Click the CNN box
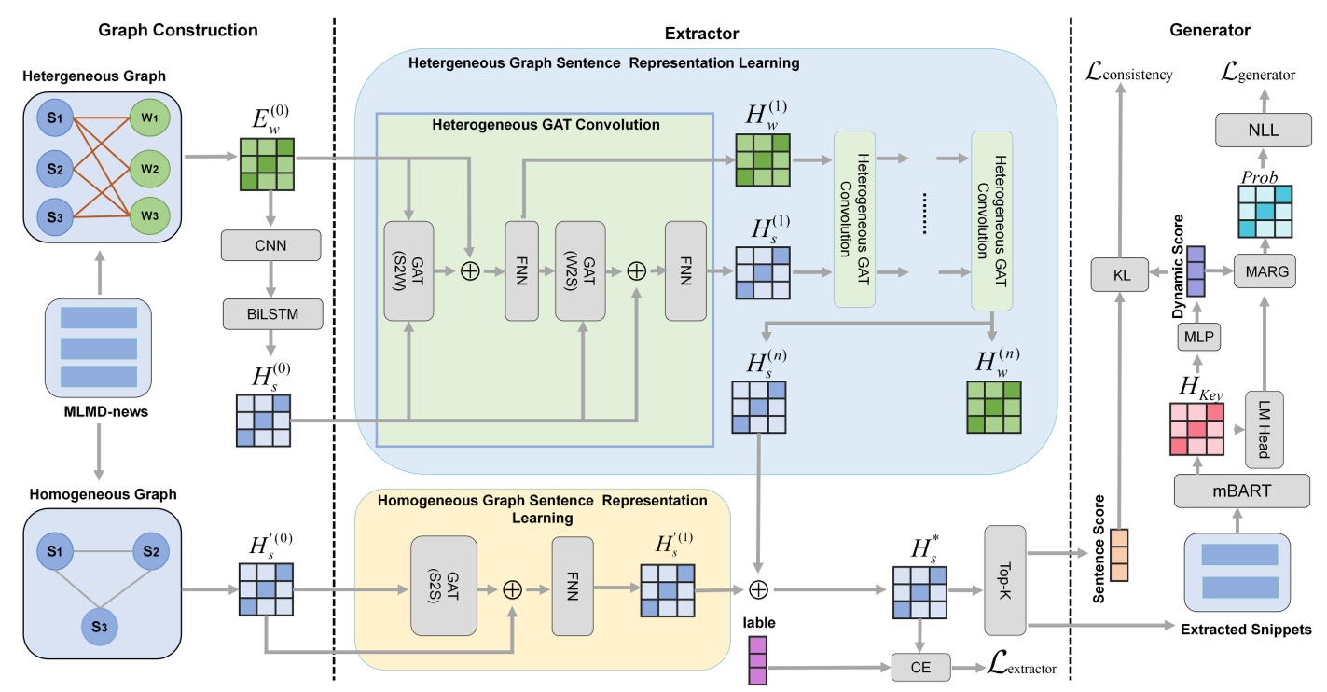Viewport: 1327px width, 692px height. point(271,245)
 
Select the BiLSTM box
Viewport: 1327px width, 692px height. point(271,315)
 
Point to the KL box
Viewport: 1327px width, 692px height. point(1119,274)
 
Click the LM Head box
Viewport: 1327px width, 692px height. point(1265,428)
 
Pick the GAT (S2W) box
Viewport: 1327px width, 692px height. point(408,270)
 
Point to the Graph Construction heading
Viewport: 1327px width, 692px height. point(177,30)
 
